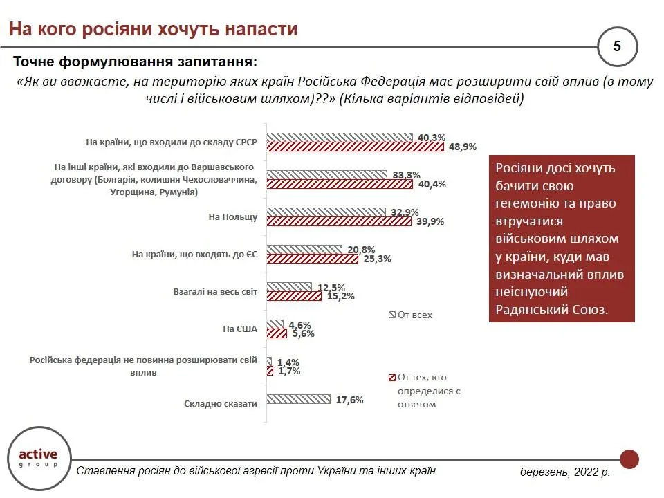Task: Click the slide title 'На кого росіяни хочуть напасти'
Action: tap(153, 29)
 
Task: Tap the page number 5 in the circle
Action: tap(617, 46)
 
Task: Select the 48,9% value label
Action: tap(463, 147)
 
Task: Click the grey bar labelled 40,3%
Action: tap(340, 137)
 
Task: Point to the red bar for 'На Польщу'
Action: tap(339, 221)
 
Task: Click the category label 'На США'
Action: tap(240, 329)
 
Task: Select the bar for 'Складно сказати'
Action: tap(299, 399)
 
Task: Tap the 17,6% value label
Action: tap(349, 399)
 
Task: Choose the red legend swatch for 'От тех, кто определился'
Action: tap(391, 378)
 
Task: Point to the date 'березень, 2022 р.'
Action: tap(565, 472)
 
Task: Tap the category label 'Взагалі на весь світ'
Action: tap(214, 292)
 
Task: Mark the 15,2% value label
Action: tap(340, 296)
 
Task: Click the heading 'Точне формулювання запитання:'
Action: tap(135, 61)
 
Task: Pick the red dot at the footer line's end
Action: tap(629, 458)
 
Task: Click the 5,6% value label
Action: tap(302, 333)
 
